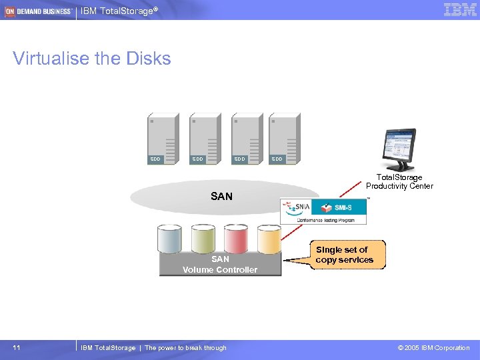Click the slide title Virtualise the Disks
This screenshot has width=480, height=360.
[x=92, y=59]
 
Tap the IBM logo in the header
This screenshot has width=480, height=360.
[x=460, y=10]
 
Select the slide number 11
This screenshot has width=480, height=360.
[x=17, y=347]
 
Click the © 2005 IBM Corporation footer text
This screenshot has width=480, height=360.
[x=433, y=347]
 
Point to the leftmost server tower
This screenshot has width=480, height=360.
[x=163, y=138]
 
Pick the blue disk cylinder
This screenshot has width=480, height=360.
[x=169, y=239]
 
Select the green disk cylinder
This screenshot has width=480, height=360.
[x=203, y=239]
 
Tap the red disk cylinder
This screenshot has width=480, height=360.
[x=236, y=239]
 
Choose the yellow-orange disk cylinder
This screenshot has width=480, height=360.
[x=269, y=239]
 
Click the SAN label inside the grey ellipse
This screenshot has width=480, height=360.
[x=221, y=196]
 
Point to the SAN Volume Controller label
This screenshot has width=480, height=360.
[x=220, y=265]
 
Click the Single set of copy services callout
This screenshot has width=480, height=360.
[x=344, y=255]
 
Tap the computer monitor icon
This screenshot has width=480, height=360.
[x=399, y=149]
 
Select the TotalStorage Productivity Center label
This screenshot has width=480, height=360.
[x=399, y=181]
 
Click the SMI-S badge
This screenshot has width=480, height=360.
[x=344, y=207]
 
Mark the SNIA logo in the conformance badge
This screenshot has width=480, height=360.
[x=298, y=207]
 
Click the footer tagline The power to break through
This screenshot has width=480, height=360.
[x=185, y=347]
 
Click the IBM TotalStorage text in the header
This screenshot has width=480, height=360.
[x=119, y=11]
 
